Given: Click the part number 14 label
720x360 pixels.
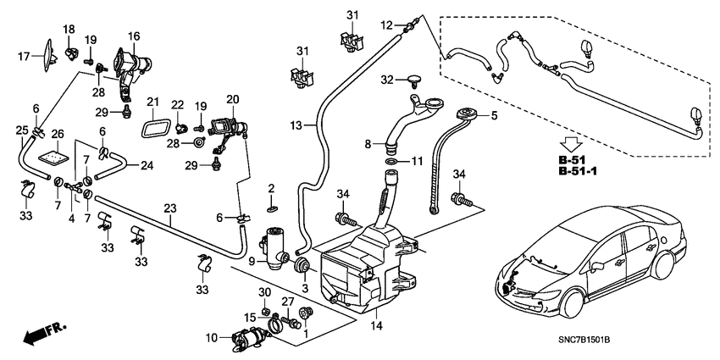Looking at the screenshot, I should (x=378, y=326).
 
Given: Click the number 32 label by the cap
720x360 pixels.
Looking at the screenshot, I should (x=387, y=80).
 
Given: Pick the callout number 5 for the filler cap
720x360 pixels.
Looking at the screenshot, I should (x=494, y=116).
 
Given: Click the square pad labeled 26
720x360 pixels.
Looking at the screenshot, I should (x=58, y=157).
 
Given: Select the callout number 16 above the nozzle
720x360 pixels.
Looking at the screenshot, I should (x=134, y=36).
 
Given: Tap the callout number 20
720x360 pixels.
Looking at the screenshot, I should (x=233, y=100).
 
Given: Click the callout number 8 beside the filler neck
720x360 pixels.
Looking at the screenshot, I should (x=368, y=145).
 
